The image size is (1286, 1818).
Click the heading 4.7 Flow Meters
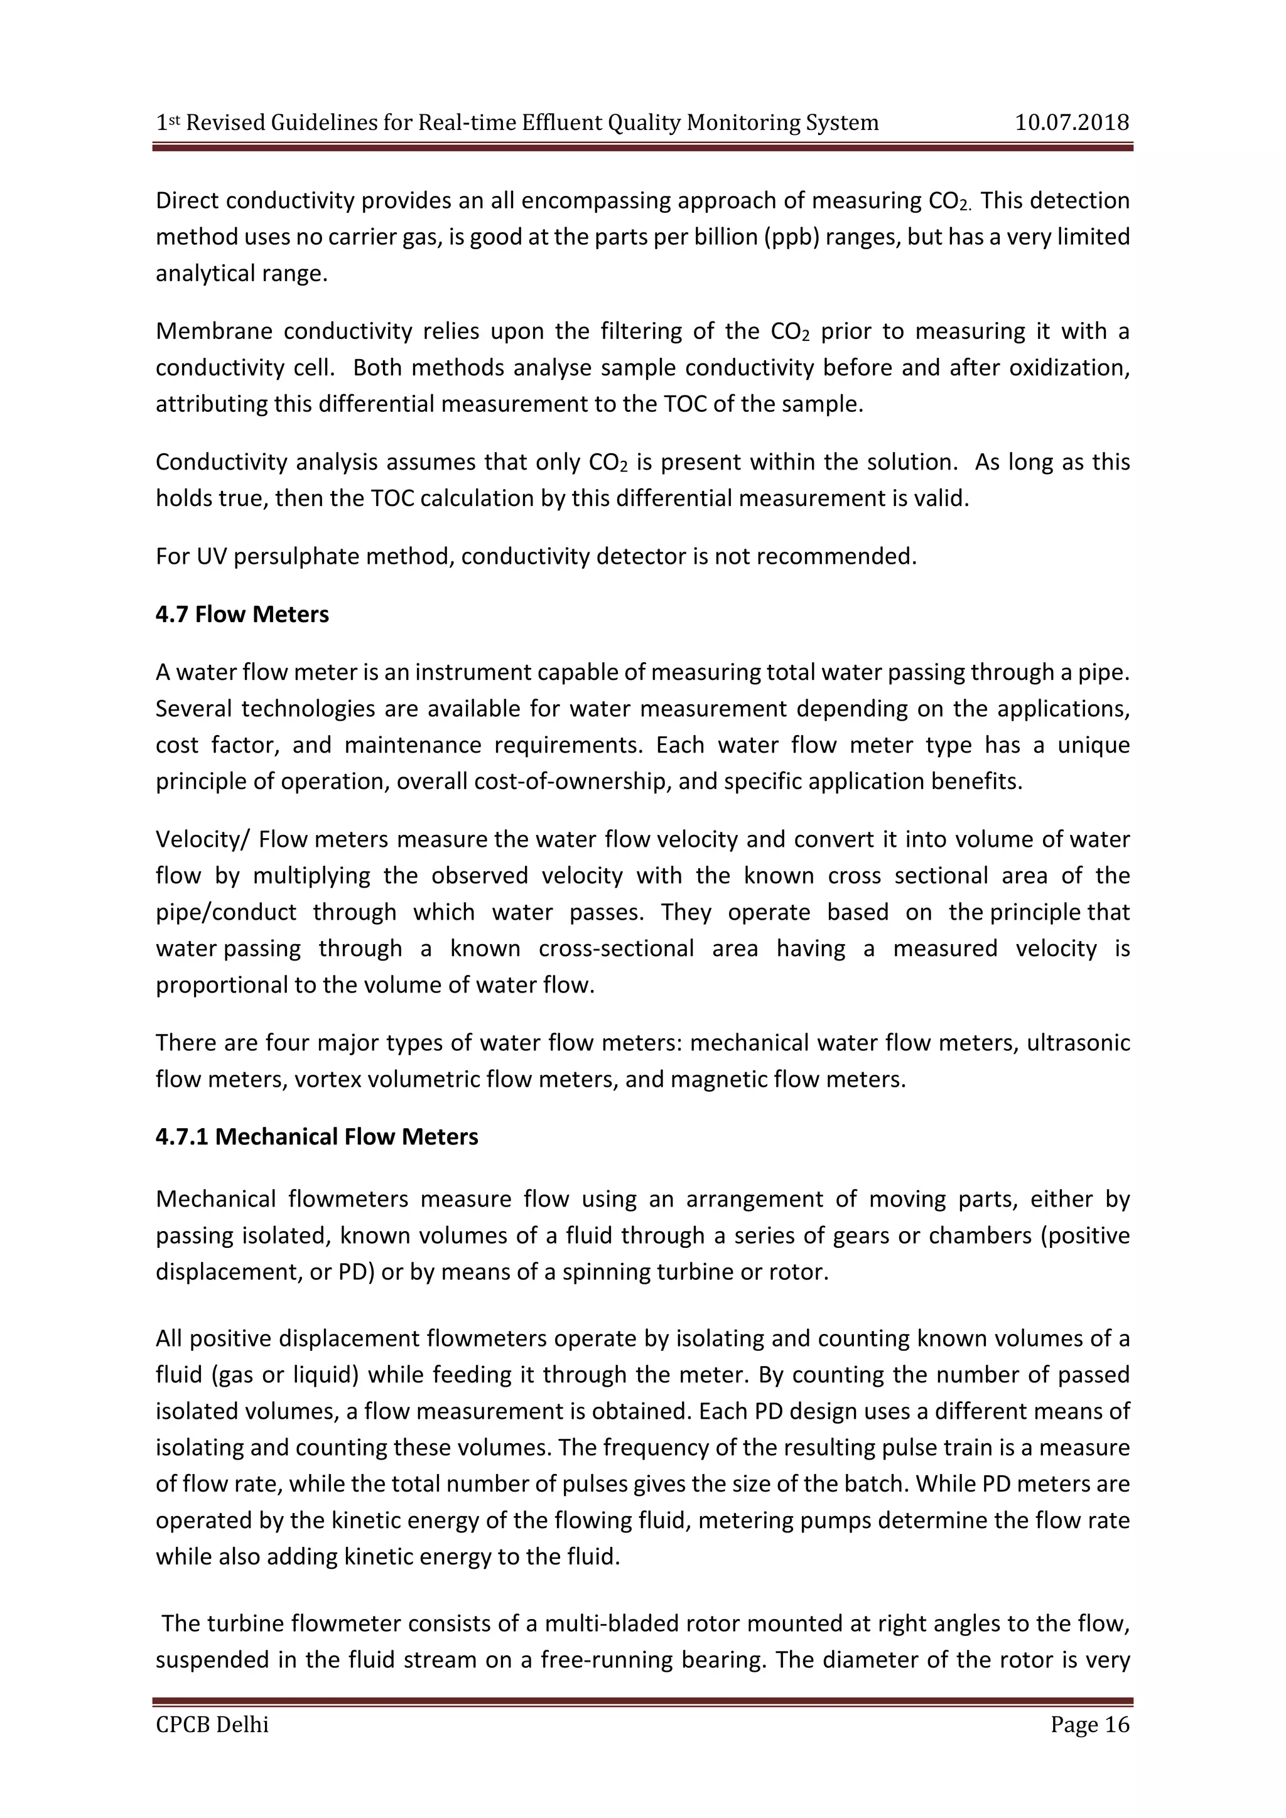click(242, 615)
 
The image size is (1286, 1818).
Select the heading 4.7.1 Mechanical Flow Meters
click(316, 1136)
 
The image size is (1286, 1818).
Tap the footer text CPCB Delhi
click(212, 1724)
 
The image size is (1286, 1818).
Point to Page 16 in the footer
click(1089, 1724)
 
